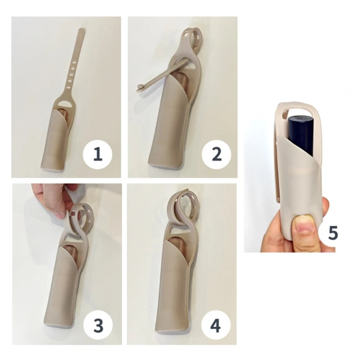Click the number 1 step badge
tap(97, 154)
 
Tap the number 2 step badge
tap(216, 154)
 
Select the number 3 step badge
tap(98, 325)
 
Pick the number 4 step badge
tap(216, 325)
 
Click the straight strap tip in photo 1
tap(81, 30)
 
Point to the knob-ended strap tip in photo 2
tap(139, 87)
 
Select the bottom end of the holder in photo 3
tap(58, 325)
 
